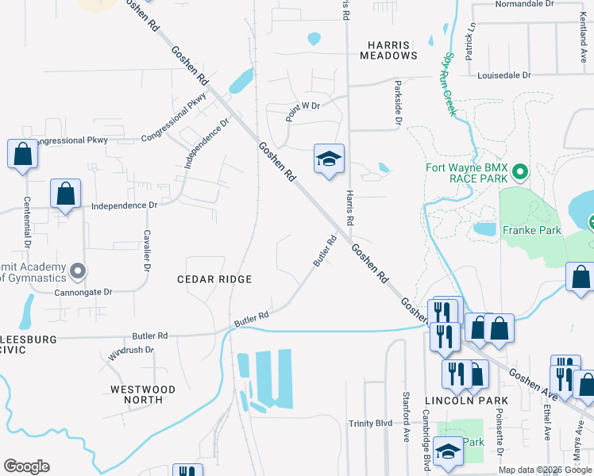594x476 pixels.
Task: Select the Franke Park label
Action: point(531,231)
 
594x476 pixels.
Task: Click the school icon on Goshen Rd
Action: point(329,161)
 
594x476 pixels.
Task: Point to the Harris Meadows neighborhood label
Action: point(388,50)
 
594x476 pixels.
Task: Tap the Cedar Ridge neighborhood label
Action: point(214,279)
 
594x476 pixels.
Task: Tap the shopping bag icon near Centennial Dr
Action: point(23,155)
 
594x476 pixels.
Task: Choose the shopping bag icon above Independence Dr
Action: point(65,194)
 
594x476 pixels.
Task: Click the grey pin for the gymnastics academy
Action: point(77,272)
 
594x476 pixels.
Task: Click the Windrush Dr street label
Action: point(130,350)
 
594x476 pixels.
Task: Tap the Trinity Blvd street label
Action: point(371,424)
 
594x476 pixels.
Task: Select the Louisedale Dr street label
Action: point(504,75)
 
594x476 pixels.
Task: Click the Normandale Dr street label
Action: point(523,4)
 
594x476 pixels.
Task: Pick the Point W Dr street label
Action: point(303,106)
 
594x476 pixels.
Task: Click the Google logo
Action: point(26,466)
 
